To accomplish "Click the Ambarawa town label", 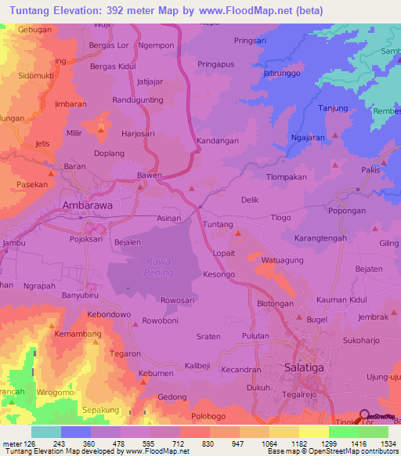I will point(88,205).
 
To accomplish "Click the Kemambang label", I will point(78,335).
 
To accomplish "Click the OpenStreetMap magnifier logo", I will point(363,416).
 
